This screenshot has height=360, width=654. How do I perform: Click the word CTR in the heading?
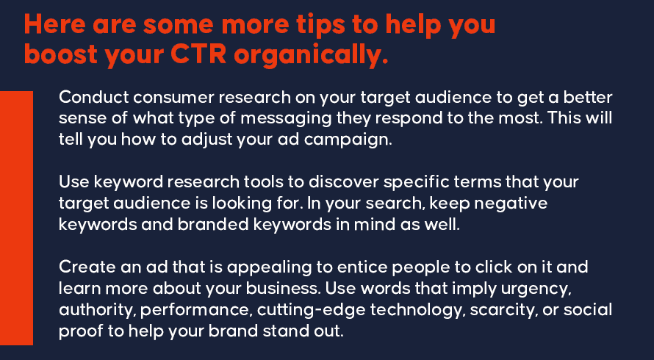198,54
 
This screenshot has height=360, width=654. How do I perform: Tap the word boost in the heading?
61,54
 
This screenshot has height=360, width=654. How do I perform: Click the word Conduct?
94,97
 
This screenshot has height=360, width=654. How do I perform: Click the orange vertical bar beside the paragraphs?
16,217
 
